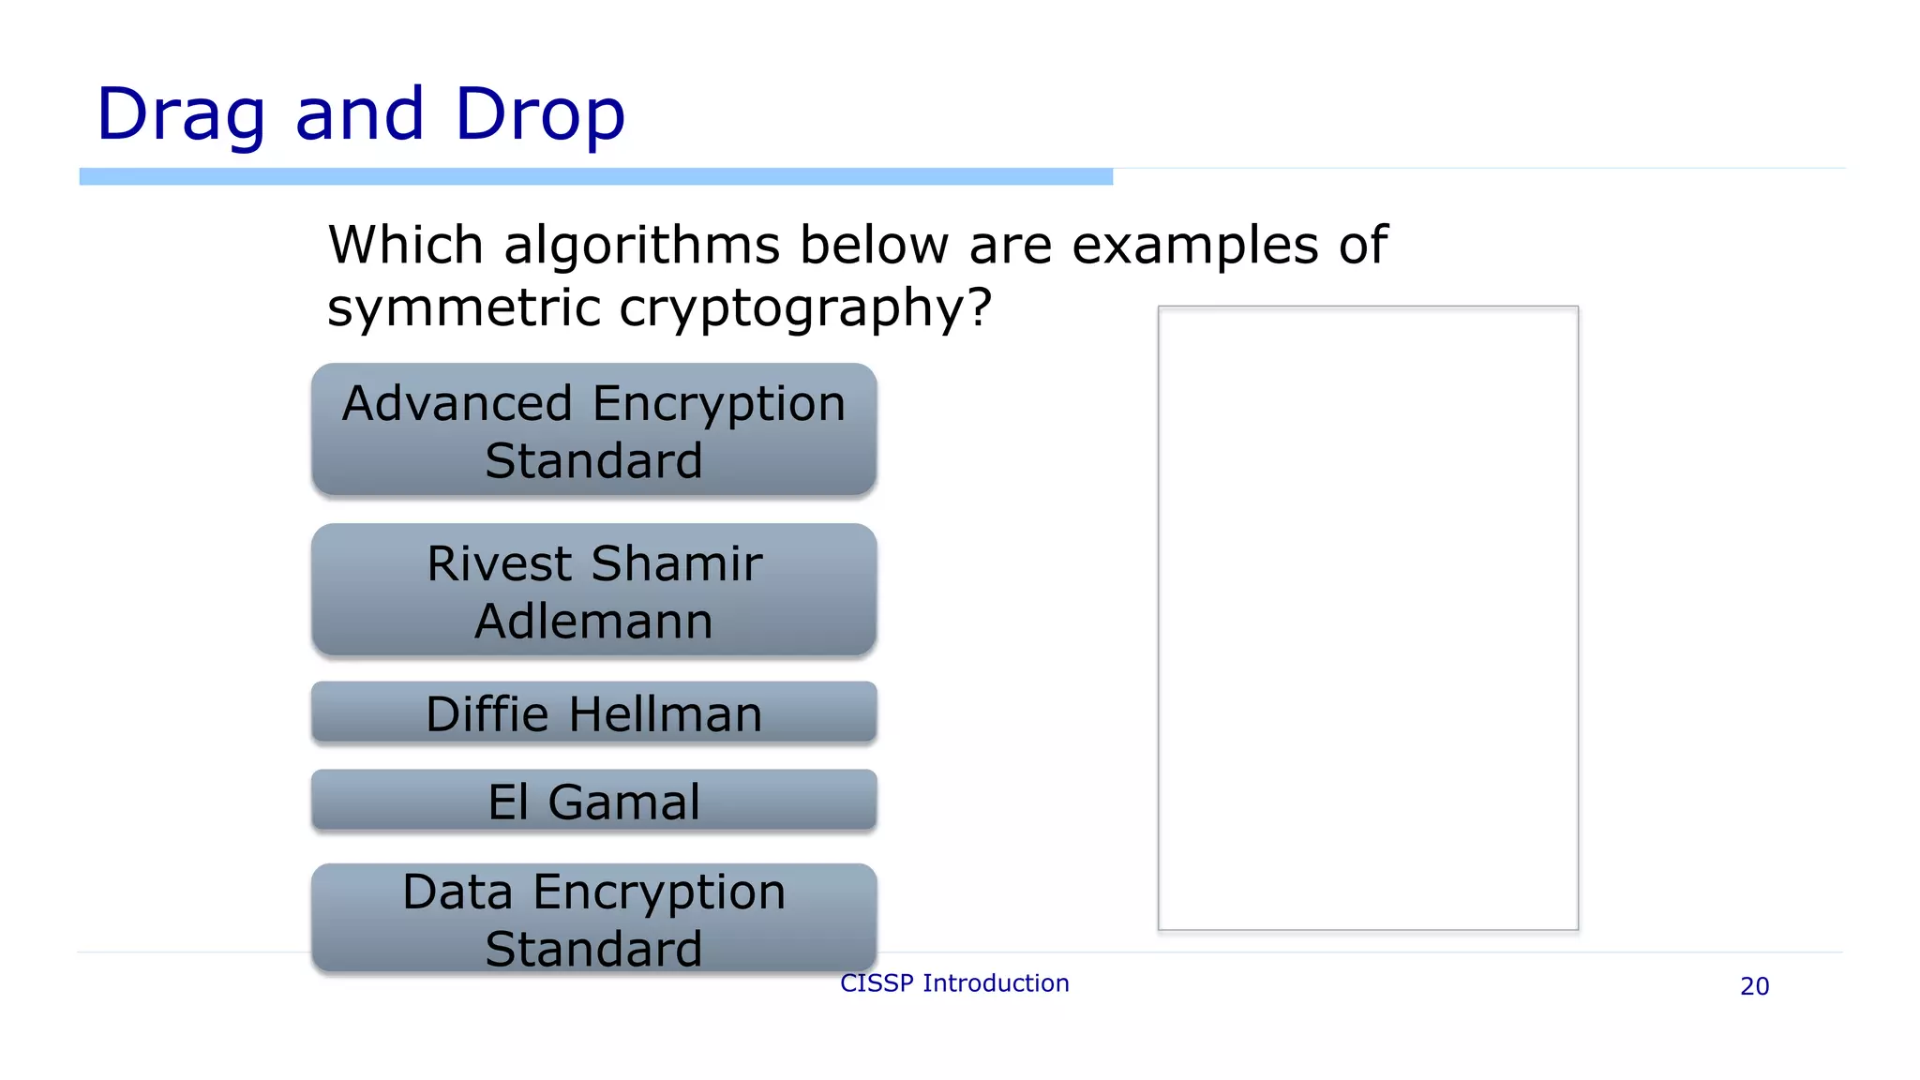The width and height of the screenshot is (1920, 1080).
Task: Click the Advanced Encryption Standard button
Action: tap(593, 429)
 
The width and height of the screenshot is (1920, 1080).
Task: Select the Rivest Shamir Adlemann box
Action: tap(593, 590)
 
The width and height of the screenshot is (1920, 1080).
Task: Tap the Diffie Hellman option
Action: tap(593, 712)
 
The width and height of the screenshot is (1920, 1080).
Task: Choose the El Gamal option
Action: tap(593, 801)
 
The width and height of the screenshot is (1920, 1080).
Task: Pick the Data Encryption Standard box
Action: tap(593, 918)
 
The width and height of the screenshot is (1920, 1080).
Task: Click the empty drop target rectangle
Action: tap(1368, 619)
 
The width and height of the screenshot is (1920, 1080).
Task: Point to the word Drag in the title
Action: tap(181, 114)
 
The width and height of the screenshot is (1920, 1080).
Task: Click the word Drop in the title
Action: tap(540, 114)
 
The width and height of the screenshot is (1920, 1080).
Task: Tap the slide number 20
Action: tap(1754, 986)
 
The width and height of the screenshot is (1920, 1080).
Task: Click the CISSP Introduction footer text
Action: tap(954, 983)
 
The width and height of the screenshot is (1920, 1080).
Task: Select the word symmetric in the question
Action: tap(463, 307)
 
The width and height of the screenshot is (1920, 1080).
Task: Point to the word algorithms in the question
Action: tap(641, 246)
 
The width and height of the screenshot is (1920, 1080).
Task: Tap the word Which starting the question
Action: tap(406, 246)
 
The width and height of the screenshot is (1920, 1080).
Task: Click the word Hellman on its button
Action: tap(666, 714)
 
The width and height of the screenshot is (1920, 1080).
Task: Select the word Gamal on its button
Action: tap(624, 802)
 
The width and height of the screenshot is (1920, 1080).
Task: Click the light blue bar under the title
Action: tap(595, 176)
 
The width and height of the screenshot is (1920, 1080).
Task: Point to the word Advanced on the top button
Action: tap(457, 404)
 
